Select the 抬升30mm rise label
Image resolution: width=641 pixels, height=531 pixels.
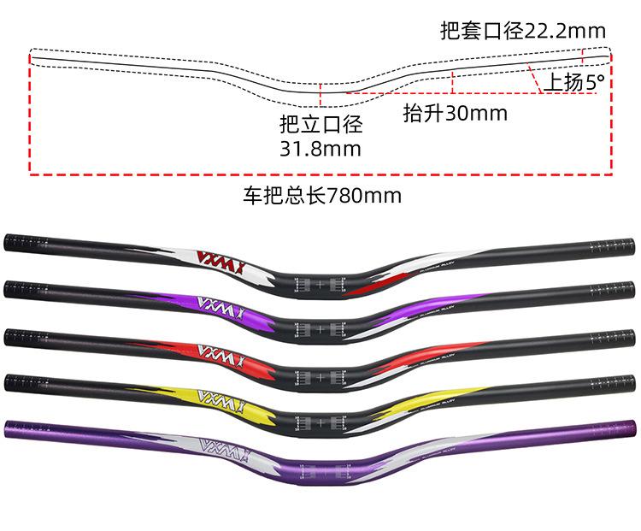coord(454,113)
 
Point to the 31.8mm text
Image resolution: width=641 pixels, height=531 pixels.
coord(320,149)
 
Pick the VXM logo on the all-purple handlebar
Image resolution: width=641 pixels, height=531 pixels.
coord(215,445)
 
